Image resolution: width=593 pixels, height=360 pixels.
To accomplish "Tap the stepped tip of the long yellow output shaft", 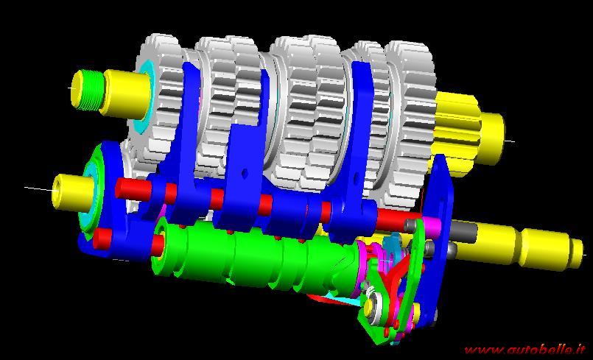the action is tap(575, 253).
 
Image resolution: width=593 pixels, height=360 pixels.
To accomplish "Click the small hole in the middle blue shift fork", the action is tap(245, 173).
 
